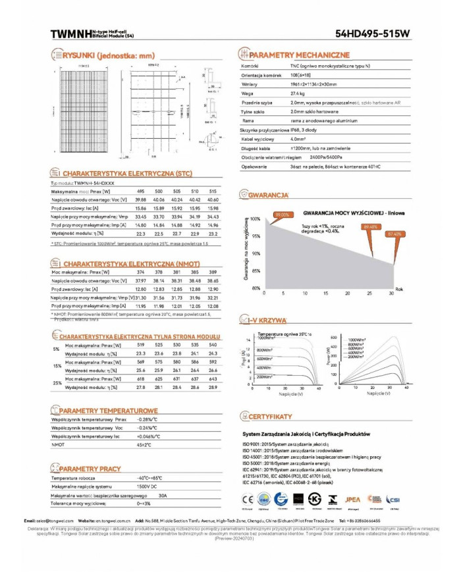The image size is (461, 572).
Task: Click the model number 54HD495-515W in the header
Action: (372, 33)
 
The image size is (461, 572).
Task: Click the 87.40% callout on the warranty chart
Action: (394, 234)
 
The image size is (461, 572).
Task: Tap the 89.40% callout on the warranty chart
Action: (370, 226)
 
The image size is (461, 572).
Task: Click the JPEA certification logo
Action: (353, 499)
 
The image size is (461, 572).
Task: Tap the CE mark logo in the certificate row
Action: (247, 499)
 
